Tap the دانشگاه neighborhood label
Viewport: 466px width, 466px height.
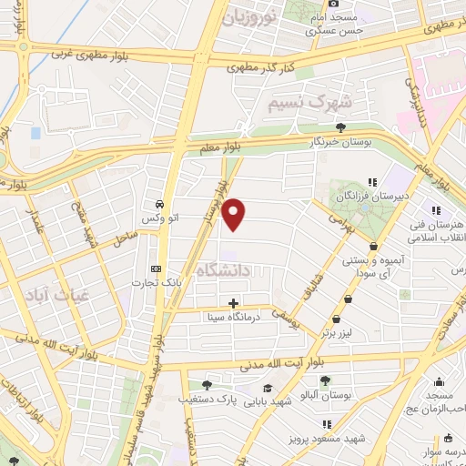228,268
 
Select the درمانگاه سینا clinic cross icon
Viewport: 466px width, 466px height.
234,303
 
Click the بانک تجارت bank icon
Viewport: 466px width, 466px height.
156,269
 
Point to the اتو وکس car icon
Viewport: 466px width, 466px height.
159,204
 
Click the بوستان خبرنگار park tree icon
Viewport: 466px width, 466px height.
341,127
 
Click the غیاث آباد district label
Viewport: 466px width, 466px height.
56,294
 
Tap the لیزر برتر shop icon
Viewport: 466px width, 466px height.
337,319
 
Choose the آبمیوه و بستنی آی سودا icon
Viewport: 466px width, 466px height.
373,246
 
